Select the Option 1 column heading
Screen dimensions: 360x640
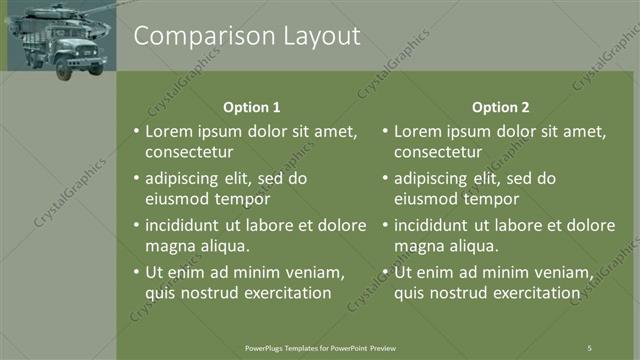tap(250, 107)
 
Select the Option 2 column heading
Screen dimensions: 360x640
tap(500, 107)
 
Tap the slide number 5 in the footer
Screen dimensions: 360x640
tap(589, 347)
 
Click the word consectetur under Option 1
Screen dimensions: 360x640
tap(189, 153)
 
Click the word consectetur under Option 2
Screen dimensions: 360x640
tap(438, 153)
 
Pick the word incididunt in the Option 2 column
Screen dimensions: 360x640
tap(434, 225)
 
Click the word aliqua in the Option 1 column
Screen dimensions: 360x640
tap(221, 246)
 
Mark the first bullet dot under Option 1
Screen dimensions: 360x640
tap(136, 131)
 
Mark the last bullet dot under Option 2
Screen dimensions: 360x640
tap(385, 272)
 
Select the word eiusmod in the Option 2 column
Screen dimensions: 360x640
tap(425, 199)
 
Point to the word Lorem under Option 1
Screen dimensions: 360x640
tap(167, 131)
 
